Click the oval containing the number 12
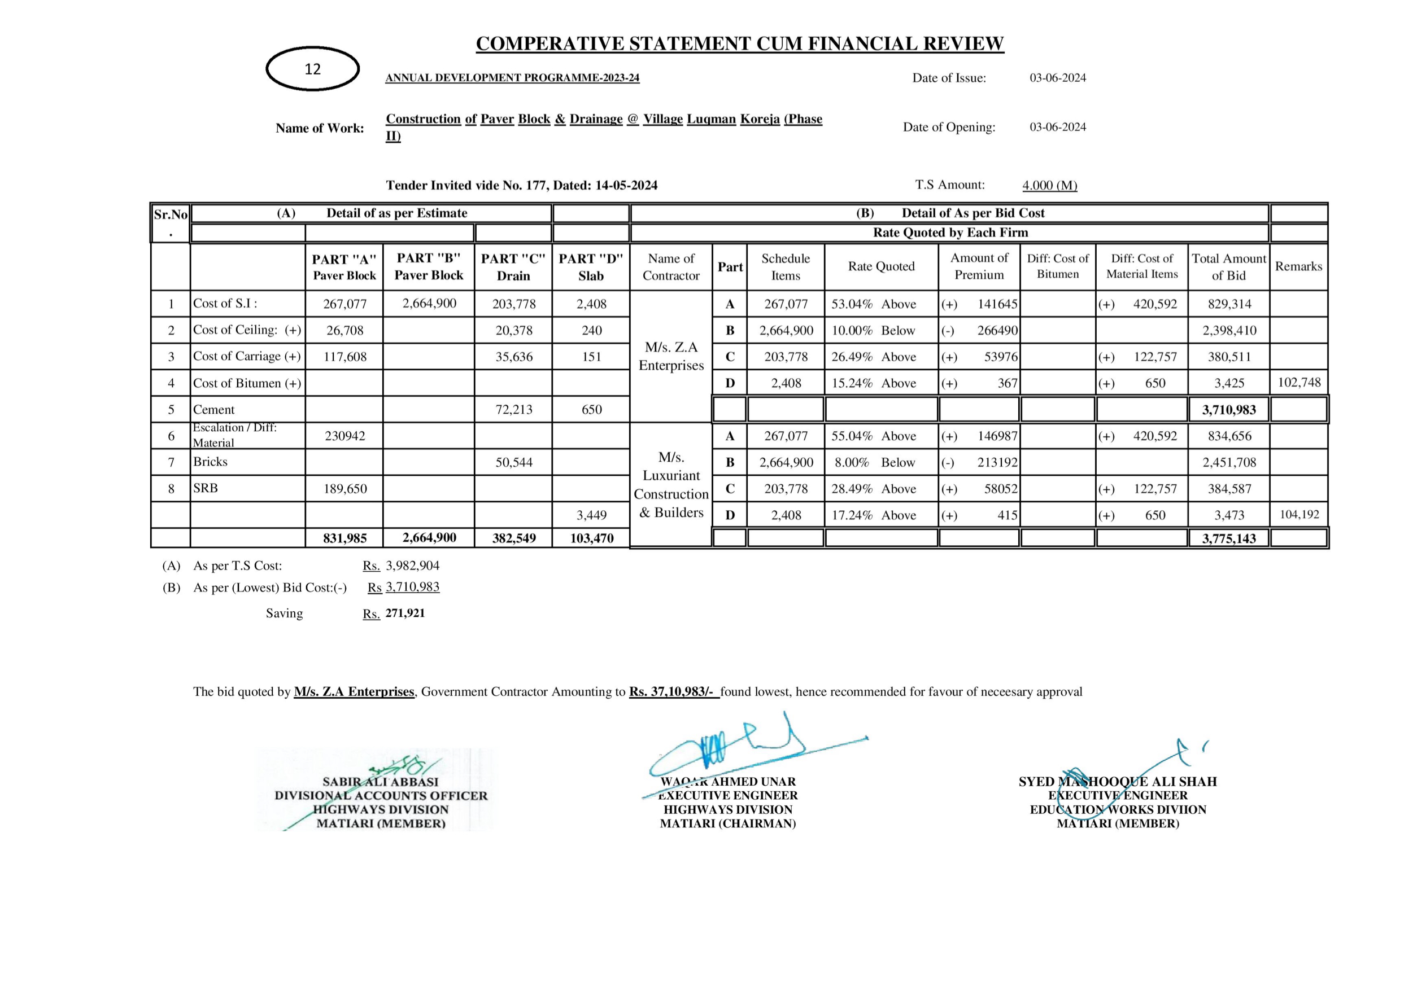pyautogui.click(x=312, y=69)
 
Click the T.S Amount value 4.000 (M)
pyautogui.click(x=1050, y=185)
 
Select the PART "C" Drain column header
pyautogui.click(x=513, y=267)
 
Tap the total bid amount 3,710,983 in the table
pyautogui.click(x=1228, y=410)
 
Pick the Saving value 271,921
pyautogui.click(x=405, y=613)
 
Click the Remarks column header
pyautogui.click(x=1299, y=266)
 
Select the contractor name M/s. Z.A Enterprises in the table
pyautogui.click(x=671, y=356)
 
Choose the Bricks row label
pyautogui.click(x=211, y=462)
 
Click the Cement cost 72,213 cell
pyautogui.click(x=513, y=410)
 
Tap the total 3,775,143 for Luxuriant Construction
pyautogui.click(x=1228, y=538)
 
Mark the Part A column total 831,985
pyautogui.click(x=344, y=538)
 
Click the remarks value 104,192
pyautogui.click(x=1299, y=515)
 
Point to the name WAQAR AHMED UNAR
pyautogui.click(x=728, y=782)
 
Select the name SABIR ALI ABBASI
pyautogui.click(x=380, y=782)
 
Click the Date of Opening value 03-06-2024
pyautogui.click(x=1058, y=127)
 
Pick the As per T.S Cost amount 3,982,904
pyautogui.click(x=412, y=566)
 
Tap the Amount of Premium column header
pyautogui.click(x=979, y=266)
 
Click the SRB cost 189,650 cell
pyautogui.click(x=344, y=489)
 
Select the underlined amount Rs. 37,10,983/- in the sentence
pyautogui.click(x=674, y=691)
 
